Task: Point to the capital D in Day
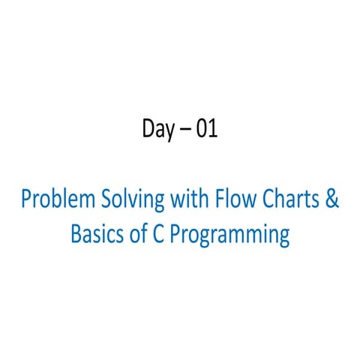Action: coord(148,130)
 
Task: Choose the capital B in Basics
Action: coord(75,234)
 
